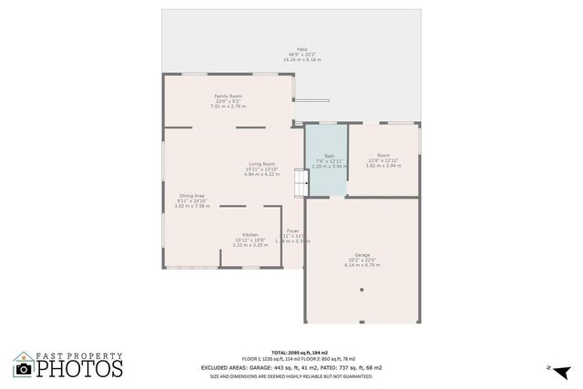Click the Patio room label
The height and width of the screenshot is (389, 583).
click(302, 49)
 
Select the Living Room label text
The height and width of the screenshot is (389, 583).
click(261, 164)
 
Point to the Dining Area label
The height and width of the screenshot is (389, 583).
click(191, 196)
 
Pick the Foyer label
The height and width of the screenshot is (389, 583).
click(292, 231)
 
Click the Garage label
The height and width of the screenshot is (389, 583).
click(363, 254)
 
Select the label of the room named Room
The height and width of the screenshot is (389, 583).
click(383, 156)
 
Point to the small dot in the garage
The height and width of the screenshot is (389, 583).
click(362, 290)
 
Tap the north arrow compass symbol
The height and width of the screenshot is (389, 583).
click(562, 371)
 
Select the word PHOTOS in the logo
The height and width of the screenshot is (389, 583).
click(79, 369)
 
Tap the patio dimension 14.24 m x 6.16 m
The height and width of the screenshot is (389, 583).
click(302, 59)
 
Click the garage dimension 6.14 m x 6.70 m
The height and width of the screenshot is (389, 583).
click(363, 265)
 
